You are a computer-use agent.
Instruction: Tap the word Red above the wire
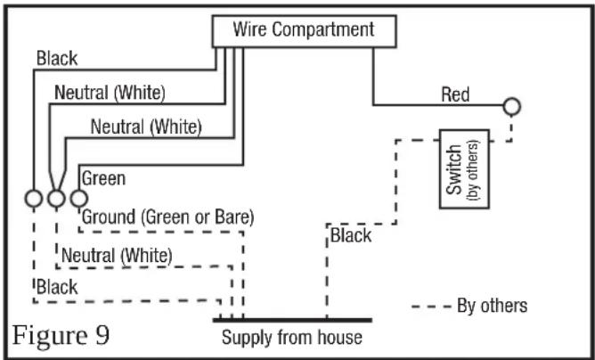[455, 94]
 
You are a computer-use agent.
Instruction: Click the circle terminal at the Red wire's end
[511, 107]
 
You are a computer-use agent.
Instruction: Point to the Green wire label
[103, 178]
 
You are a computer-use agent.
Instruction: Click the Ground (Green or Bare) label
[167, 217]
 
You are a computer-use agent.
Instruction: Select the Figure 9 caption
[61, 335]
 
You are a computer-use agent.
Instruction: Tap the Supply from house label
[292, 337]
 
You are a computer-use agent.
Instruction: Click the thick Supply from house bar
[292, 320]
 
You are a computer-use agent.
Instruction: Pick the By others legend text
[493, 306]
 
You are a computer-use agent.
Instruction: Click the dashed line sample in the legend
[431, 306]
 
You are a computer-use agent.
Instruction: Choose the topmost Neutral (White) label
[110, 93]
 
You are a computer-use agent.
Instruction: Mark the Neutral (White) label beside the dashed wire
[117, 256]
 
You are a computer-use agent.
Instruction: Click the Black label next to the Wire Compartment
[57, 59]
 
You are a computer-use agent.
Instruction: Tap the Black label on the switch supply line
[351, 235]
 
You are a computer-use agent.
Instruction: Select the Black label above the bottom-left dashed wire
[57, 287]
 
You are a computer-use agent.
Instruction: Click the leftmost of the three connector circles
[34, 198]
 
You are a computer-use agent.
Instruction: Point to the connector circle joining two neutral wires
[56, 198]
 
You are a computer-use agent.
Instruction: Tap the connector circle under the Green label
[79, 198]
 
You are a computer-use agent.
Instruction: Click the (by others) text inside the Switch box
[475, 170]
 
